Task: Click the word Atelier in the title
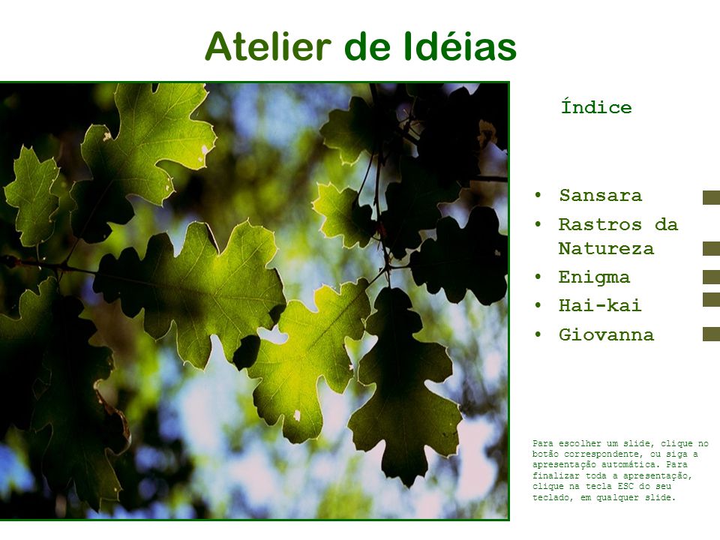268,46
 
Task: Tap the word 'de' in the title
367,46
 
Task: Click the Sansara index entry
601,196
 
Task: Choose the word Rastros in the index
600,224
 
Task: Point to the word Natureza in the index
606,249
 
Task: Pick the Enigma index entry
594,277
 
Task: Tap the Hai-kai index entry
600,305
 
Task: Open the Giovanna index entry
606,334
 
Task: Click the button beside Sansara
711,197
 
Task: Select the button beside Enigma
711,277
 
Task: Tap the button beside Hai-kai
711,299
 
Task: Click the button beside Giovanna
711,334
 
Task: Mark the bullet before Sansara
538,195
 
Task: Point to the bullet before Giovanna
538,334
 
